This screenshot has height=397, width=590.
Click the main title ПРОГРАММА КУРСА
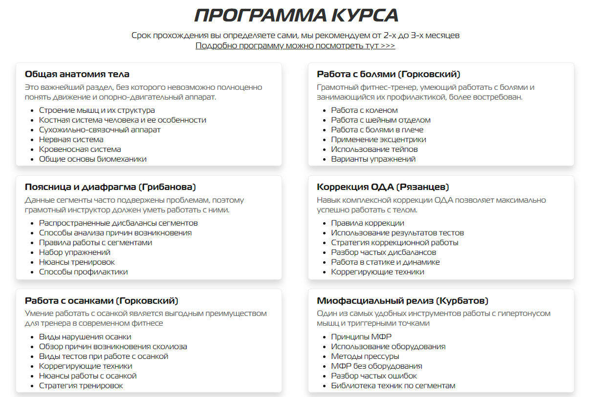point(296,15)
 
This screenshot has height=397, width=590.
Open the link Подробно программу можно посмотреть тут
point(295,46)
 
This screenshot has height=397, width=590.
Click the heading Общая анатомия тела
point(77,75)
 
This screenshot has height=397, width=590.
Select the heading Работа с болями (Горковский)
point(389,75)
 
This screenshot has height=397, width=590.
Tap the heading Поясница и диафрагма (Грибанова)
point(110,187)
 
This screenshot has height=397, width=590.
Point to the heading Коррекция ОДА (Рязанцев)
point(383,187)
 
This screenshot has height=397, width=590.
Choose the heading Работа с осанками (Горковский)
point(102,301)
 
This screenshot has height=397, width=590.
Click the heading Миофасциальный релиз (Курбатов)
point(402,301)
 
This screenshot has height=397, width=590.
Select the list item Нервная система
point(71,140)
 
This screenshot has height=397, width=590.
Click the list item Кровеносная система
point(80,149)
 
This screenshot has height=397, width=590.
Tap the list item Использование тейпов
point(374,149)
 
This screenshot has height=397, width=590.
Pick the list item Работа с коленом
point(365,110)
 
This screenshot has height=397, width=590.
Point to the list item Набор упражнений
point(75,252)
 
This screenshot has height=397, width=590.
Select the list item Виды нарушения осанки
point(85,337)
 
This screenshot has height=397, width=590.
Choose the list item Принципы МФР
point(361,337)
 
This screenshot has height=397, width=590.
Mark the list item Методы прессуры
point(365,356)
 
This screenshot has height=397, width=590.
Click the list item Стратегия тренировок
point(81,386)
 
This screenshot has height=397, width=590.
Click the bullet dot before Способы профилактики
point(33,272)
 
